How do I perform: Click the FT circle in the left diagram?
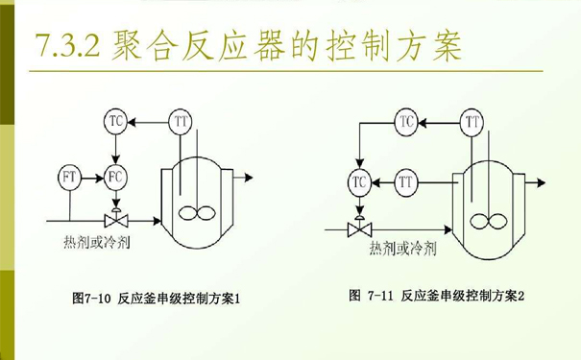[x=69, y=178]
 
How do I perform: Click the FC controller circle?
[x=115, y=178]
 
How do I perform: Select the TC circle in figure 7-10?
[x=115, y=122]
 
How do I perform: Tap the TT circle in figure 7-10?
[x=181, y=122]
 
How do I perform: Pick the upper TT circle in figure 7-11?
[x=472, y=122]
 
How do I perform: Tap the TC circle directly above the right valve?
[x=360, y=179]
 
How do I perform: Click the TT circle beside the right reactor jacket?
[x=406, y=179]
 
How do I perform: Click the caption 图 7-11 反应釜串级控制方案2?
[x=437, y=295]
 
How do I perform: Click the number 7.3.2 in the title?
[x=67, y=45]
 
